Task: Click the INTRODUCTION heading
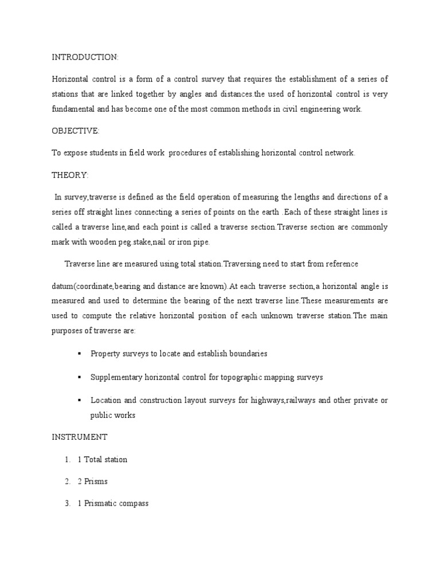[85, 57]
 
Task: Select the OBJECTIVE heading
[76, 131]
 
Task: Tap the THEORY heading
[70, 175]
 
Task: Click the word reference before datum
[339, 264]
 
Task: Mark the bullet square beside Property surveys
[78, 354]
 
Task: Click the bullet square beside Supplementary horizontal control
[78, 377]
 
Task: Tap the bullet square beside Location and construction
[78, 400]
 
